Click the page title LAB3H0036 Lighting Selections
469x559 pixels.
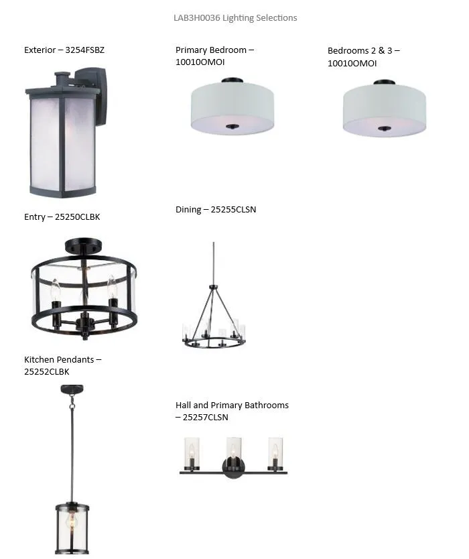pyautogui.click(x=235, y=18)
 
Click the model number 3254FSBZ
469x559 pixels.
pyautogui.click(x=85, y=50)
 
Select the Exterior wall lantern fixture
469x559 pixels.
pyautogui.click(x=66, y=132)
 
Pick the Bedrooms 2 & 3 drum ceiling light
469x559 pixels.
pyautogui.click(x=385, y=108)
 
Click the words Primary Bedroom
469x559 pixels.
pyautogui.click(x=211, y=50)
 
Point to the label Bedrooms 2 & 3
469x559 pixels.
pyautogui.click(x=360, y=51)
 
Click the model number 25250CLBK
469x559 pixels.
pyautogui.click(x=77, y=216)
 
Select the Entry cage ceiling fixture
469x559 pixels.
pyautogui.click(x=84, y=289)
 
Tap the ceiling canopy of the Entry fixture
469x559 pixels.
pyautogui.click(x=83, y=246)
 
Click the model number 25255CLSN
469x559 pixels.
pyautogui.click(x=233, y=209)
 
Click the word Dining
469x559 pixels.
pyautogui.click(x=188, y=210)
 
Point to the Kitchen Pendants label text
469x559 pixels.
pyautogui.click(x=59, y=359)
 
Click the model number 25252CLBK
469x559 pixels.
pyautogui.click(x=47, y=371)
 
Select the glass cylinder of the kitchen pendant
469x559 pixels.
pyautogui.click(x=72, y=528)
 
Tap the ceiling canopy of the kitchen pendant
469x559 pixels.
pyautogui.click(x=72, y=389)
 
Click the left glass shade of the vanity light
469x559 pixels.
pyautogui.click(x=192, y=452)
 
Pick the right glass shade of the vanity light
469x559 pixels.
pyautogui.click(x=275, y=452)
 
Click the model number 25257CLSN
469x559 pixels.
pyautogui.click(x=205, y=417)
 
